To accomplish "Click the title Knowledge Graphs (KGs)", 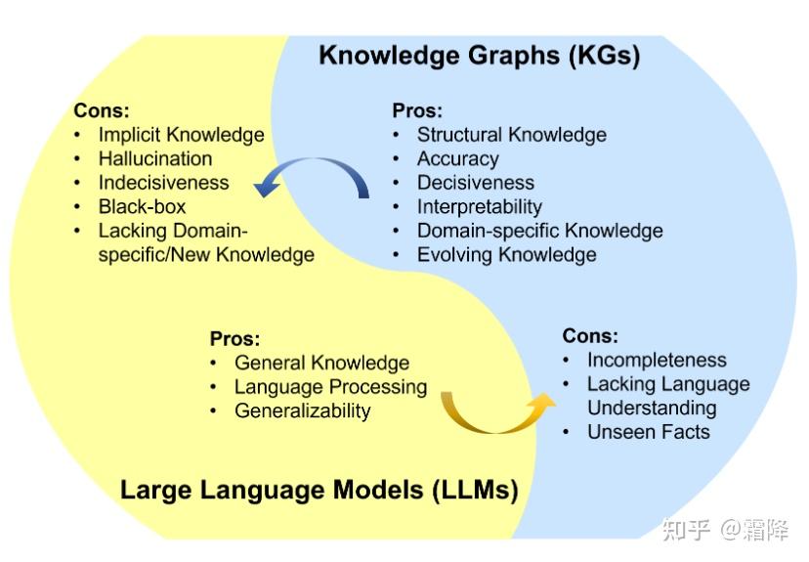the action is [x=479, y=55].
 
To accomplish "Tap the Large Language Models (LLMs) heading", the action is [x=319, y=489].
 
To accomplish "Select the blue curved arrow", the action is [x=311, y=176].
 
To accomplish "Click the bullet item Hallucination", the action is [x=154, y=158].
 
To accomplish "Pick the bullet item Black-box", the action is [x=142, y=206].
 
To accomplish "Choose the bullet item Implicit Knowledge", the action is [x=181, y=135].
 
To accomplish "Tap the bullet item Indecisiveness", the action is [x=163, y=183].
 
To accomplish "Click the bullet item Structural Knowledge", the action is [x=511, y=135].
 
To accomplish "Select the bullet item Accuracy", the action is [x=457, y=158].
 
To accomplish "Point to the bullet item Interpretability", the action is [x=479, y=206].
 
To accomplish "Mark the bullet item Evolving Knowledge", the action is [x=506, y=255].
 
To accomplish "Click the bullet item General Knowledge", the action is [x=321, y=363].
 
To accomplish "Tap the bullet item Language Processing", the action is [x=330, y=387].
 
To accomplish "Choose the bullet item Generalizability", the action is [x=302, y=411].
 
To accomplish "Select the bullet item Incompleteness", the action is [x=657, y=360].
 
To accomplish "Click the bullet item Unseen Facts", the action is [x=648, y=432].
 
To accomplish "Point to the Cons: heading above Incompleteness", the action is [x=590, y=336].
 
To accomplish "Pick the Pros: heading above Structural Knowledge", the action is [x=417, y=110].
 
